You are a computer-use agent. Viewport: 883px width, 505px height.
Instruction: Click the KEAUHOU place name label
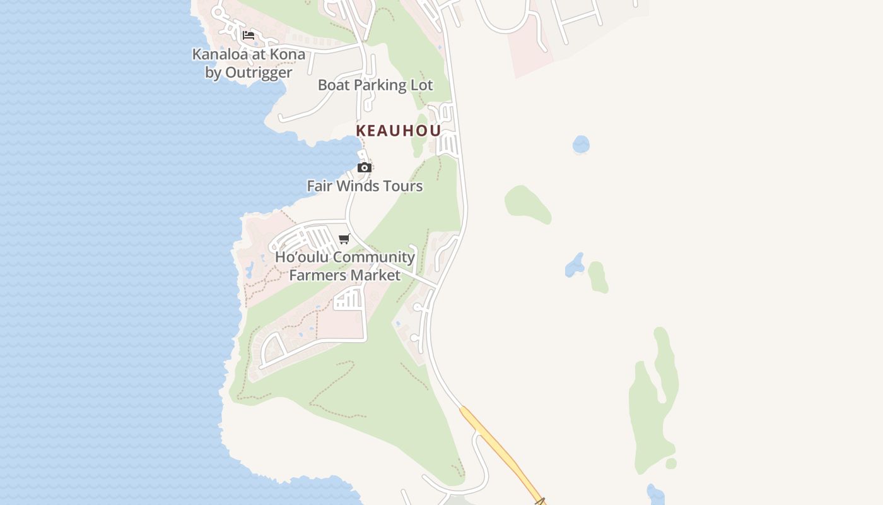[x=398, y=131]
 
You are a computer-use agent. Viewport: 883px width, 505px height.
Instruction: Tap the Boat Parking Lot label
[x=375, y=85]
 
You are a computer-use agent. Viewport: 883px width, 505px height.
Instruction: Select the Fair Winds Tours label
[x=365, y=186]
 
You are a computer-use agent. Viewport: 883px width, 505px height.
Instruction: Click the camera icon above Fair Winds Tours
[x=365, y=167]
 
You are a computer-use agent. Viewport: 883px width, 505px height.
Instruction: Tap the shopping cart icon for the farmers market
[x=344, y=239]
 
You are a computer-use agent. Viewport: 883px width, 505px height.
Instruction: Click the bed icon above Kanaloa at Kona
[x=249, y=35]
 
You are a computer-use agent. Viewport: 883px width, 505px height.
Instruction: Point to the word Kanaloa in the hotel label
[x=220, y=54]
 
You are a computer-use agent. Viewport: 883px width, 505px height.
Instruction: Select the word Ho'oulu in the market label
[x=298, y=258]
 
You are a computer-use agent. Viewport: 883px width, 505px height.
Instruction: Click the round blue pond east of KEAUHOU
[x=581, y=145]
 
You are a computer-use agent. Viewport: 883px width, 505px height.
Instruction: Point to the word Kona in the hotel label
[x=289, y=54]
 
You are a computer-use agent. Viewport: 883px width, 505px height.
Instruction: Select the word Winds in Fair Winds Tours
[x=361, y=186]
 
